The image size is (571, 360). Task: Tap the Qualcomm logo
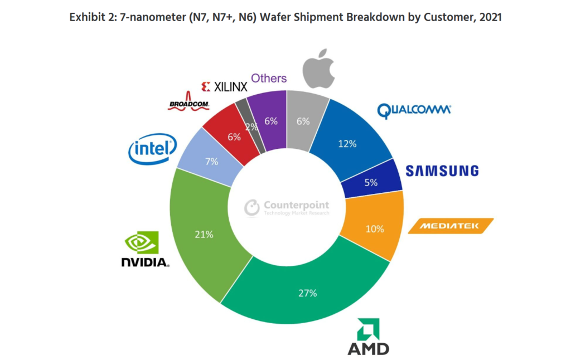pyautogui.click(x=414, y=110)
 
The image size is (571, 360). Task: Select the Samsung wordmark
pyautogui.click(x=442, y=171)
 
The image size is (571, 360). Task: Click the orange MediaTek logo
pyautogui.click(x=451, y=226)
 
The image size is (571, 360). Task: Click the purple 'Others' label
pyautogui.click(x=269, y=79)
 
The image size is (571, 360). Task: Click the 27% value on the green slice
pyautogui.click(x=307, y=293)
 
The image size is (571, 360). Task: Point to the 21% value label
pyautogui.click(x=204, y=235)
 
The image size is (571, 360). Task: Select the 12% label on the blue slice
pyautogui.click(x=347, y=143)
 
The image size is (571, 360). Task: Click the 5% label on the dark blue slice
pyautogui.click(x=371, y=182)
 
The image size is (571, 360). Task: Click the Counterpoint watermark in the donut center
pyautogui.click(x=287, y=208)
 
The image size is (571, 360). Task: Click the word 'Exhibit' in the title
pyautogui.click(x=87, y=17)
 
